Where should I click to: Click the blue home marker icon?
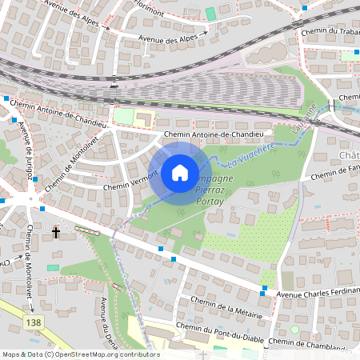[x=180, y=171]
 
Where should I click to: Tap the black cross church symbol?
[x=56, y=233]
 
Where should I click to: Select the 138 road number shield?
[x=33, y=321]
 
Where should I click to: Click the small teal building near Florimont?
[x=210, y=14]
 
